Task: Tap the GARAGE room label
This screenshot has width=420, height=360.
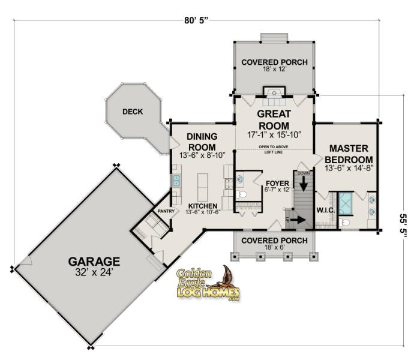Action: (94, 261)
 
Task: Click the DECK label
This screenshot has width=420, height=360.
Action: (132, 111)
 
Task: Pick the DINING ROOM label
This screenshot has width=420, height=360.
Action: (202, 142)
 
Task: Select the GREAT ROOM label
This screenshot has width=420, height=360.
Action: (274, 119)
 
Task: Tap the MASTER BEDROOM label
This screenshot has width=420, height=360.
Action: (349, 154)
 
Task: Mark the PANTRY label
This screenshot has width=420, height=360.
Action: (166, 211)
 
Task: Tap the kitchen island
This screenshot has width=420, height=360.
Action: (203, 187)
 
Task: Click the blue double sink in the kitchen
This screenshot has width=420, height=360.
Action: (177, 181)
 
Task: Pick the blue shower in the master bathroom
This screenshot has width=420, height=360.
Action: (345, 203)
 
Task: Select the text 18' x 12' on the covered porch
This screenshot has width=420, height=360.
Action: (274, 70)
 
